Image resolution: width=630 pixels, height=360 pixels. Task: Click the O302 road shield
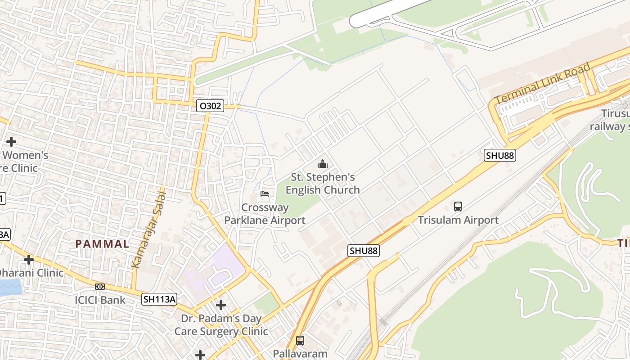click(x=210, y=106)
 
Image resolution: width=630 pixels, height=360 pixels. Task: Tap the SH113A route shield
click(x=159, y=299)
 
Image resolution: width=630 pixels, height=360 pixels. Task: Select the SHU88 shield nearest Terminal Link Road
click(x=500, y=156)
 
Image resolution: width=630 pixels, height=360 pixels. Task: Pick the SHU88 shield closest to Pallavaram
click(x=364, y=251)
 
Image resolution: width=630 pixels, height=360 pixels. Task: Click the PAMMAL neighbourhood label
click(x=102, y=244)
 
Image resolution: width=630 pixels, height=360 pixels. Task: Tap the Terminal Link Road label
click(x=542, y=84)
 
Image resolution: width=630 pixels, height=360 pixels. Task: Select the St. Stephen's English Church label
click(x=323, y=184)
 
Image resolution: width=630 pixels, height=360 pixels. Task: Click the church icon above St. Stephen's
click(x=323, y=164)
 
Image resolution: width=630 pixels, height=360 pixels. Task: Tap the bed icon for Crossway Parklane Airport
click(x=265, y=193)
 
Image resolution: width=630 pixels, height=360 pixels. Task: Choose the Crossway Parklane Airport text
click(x=265, y=214)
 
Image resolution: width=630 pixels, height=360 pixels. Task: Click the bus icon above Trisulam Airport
click(x=458, y=207)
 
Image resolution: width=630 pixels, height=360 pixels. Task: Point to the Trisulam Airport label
click(x=458, y=220)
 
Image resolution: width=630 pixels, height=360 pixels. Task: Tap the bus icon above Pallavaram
click(x=300, y=340)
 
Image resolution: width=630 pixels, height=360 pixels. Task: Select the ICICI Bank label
click(x=100, y=300)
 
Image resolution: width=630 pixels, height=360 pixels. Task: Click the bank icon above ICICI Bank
click(x=100, y=287)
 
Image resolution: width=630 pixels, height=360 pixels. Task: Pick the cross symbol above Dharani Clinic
click(x=29, y=260)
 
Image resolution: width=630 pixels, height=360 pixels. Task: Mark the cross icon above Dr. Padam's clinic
click(x=221, y=306)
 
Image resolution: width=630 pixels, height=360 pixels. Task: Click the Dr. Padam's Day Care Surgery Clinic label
click(x=221, y=325)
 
